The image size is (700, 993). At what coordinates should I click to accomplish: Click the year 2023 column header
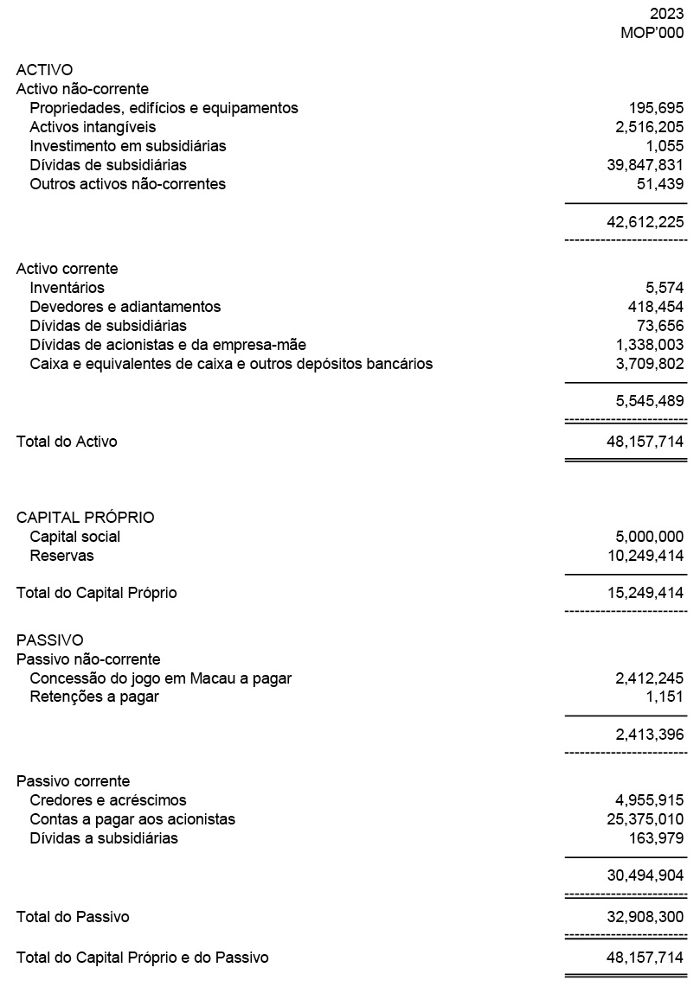coord(666,15)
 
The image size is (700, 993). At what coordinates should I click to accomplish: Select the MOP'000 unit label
coord(652,34)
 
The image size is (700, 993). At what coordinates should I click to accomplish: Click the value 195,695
coord(656,108)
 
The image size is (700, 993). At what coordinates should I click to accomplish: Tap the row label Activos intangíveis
coord(93,127)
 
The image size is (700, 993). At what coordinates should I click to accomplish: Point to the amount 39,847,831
coord(645,165)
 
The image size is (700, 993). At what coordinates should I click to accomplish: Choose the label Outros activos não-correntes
coord(127,184)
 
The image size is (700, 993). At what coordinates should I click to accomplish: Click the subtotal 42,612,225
coord(645,222)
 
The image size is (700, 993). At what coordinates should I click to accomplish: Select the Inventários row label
coord(67,288)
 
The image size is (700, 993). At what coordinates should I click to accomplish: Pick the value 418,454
coord(656,307)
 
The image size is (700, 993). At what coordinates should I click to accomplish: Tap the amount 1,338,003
coord(649,345)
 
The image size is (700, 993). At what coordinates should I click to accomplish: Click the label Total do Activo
coord(67,442)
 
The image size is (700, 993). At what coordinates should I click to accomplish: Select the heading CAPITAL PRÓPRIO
coord(85,518)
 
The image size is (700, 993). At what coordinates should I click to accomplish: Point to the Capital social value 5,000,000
coord(649,537)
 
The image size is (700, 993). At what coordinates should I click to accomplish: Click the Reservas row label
coord(61,556)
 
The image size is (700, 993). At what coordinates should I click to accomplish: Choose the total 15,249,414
coord(645,594)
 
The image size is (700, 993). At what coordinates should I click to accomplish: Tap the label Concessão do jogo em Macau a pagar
coord(160,678)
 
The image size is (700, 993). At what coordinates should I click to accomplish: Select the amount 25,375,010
coord(645,819)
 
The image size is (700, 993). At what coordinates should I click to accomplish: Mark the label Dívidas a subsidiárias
coord(104,838)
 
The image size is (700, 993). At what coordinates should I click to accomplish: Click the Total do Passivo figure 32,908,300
coord(645,917)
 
